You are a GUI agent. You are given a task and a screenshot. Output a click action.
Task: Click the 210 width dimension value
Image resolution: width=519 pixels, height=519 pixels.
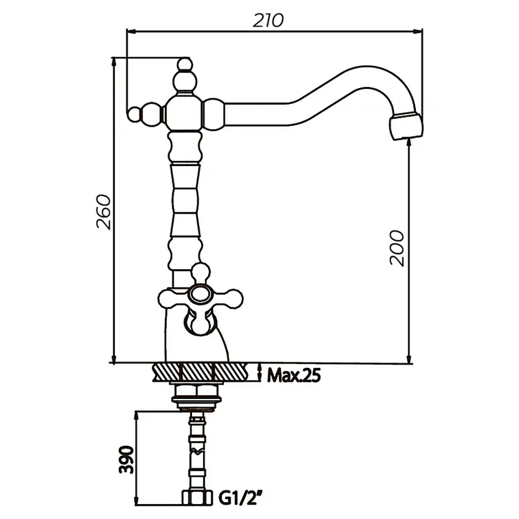click(269, 20)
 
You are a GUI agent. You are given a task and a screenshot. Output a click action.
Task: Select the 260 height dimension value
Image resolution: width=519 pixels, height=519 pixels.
click(104, 212)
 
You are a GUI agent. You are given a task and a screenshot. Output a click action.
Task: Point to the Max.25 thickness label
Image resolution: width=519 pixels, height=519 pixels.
click(294, 375)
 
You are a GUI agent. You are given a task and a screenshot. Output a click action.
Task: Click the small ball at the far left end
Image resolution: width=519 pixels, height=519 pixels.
click(134, 114)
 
